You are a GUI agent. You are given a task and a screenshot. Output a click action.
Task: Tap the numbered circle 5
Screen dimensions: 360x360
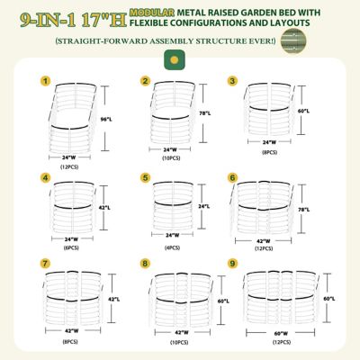pos(145,178)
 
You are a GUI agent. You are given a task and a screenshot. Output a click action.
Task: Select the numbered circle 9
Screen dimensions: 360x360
pos(233,263)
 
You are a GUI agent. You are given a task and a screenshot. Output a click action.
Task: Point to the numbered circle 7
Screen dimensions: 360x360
pos(44,263)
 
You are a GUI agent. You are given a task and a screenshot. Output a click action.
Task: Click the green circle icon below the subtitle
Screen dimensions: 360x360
pos(169,59)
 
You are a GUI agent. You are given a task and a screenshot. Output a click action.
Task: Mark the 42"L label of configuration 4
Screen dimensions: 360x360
pos(104,207)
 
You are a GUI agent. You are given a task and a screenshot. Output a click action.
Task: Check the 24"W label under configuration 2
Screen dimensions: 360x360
pos(171,149)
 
